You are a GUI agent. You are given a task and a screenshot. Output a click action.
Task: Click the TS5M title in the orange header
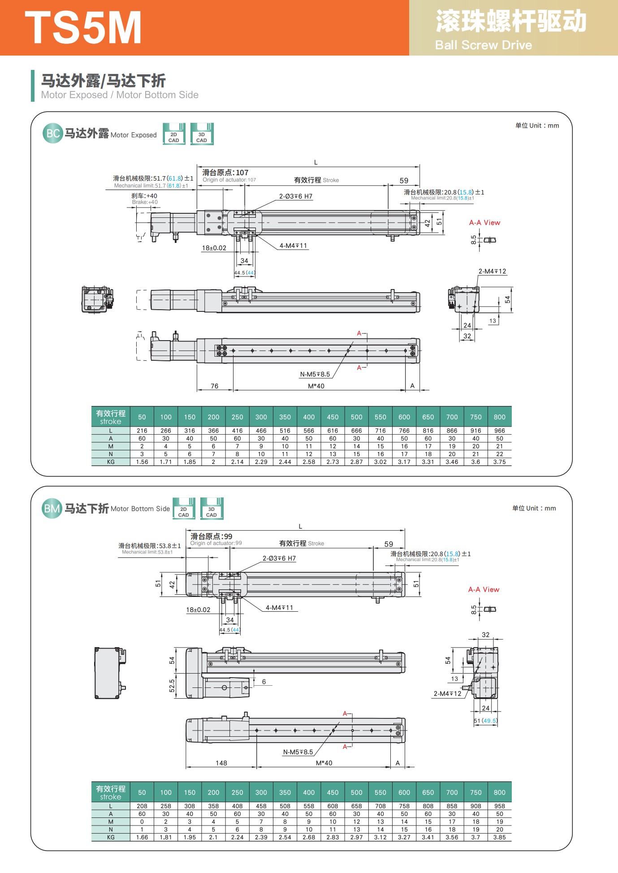click(83, 28)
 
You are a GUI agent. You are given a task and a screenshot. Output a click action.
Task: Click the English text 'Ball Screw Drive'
click(483, 45)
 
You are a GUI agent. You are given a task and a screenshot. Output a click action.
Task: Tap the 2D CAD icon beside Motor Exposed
click(174, 134)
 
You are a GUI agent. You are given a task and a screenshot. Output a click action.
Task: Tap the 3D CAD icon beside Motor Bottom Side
click(212, 509)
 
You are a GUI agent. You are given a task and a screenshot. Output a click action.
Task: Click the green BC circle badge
click(52, 133)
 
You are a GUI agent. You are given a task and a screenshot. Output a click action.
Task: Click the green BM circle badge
click(52, 509)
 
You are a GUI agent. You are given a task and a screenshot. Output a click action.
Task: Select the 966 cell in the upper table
click(499, 431)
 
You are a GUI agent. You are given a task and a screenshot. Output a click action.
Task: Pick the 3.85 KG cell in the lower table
click(499, 837)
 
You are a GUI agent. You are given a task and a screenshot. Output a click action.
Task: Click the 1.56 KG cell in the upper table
click(142, 462)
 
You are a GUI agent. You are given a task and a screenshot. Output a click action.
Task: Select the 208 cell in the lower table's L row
click(142, 806)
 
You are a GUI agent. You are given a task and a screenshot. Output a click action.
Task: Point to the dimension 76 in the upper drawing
click(215, 386)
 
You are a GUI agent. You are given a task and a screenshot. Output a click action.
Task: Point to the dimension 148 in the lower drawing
click(221, 763)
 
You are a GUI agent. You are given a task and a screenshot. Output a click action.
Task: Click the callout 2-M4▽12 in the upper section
click(492, 271)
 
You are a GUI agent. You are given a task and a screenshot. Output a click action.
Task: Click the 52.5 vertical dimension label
click(172, 686)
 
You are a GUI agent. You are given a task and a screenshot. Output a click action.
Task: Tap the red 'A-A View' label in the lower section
click(484, 589)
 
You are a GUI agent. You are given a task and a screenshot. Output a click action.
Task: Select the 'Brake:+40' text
click(145, 202)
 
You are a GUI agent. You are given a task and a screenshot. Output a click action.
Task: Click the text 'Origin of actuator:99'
click(216, 543)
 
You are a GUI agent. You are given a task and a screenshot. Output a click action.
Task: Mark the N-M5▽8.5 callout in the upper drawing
click(315, 374)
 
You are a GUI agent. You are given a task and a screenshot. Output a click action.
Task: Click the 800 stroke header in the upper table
click(499, 417)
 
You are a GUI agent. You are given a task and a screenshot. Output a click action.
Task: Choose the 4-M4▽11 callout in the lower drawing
click(279, 608)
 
